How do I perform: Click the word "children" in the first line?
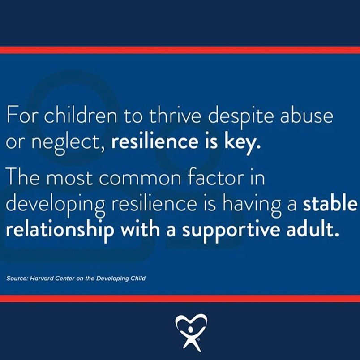(x=80, y=115)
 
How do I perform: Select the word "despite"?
(x=241, y=116)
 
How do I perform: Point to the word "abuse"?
(x=307, y=115)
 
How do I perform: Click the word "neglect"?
(x=67, y=142)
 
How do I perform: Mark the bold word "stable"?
(x=330, y=203)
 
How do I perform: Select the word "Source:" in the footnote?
(x=17, y=279)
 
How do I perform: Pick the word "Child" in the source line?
(x=138, y=279)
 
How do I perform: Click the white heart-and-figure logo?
(x=191, y=332)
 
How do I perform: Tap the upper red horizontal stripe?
(x=180, y=50)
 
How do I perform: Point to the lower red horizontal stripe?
(x=180, y=299)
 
